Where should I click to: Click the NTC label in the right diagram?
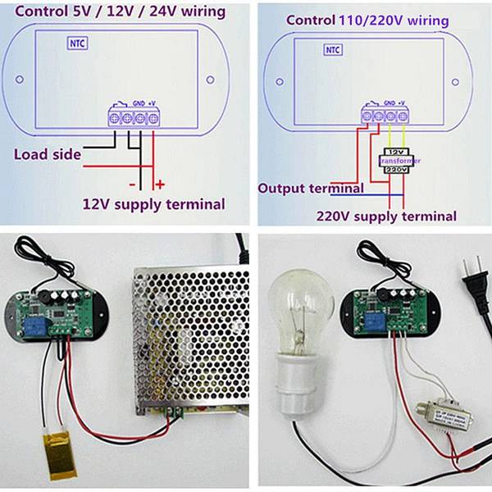332,50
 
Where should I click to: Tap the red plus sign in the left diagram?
160,184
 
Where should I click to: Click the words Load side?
47,154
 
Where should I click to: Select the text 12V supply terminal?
153,203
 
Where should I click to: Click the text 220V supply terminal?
386,216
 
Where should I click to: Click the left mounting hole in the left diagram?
18,80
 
